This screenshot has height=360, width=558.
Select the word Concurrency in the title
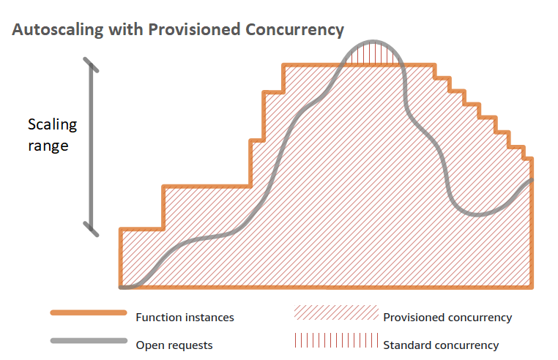point(294,30)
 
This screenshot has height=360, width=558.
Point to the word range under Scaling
point(48,146)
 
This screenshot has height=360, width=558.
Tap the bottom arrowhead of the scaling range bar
point(91,229)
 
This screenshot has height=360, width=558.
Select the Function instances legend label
point(185,318)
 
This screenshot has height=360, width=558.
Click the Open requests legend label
point(174,345)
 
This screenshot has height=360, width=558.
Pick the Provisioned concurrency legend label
point(447,318)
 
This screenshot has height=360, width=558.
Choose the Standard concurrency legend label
point(441,345)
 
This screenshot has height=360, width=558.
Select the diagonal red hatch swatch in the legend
point(335,313)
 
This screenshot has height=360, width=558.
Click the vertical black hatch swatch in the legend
point(335,341)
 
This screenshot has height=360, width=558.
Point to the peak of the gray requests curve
point(374,42)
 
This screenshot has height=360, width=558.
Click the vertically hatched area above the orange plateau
point(374,55)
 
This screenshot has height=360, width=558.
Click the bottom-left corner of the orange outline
point(121,287)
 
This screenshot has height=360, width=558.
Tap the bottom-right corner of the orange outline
point(532,287)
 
